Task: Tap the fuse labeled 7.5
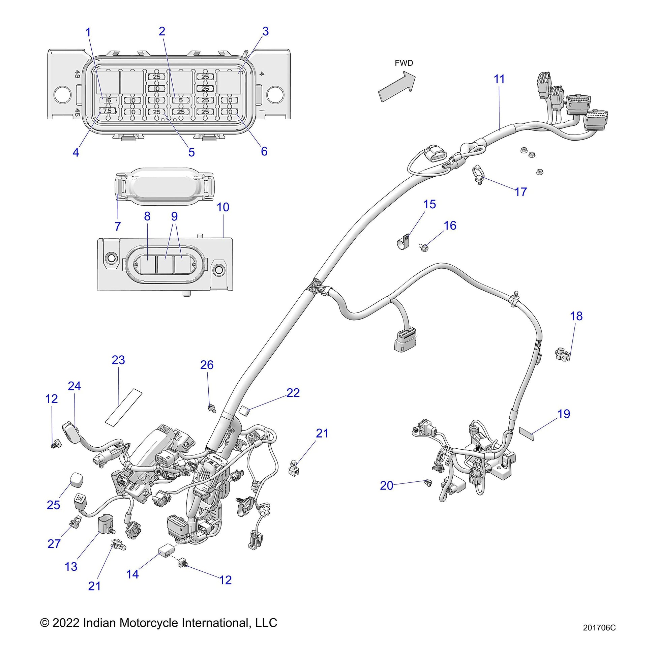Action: [107, 111]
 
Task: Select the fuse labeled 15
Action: [108, 100]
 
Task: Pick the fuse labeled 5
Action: [181, 100]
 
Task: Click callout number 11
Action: [499, 79]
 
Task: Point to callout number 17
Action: [520, 192]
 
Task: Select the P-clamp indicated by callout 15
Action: [404, 241]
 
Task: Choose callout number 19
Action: [564, 414]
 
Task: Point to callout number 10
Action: [223, 207]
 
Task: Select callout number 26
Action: [207, 365]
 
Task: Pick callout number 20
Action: [386, 485]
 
